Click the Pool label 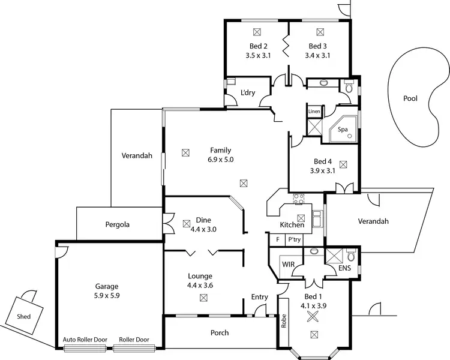[410, 98]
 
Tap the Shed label [24, 316]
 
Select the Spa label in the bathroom [343, 129]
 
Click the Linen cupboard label [314, 112]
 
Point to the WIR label [287, 263]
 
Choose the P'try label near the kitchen [295, 239]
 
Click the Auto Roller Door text [85, 340]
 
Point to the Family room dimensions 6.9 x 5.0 [220, 160]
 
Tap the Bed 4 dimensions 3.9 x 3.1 [322, 170]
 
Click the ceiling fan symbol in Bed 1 [312, 318]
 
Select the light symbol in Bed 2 [257, 31]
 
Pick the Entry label [259, 297]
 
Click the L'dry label [248, 92]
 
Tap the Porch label [219, 333]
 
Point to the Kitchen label [292, 225]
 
